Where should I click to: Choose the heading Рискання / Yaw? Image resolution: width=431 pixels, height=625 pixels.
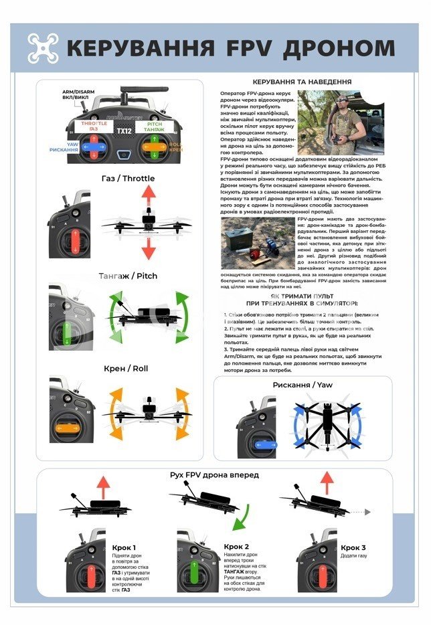click(302, 385)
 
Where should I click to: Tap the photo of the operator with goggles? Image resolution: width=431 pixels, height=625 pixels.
click(341, 123)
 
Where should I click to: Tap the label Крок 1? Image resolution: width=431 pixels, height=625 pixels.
click(124, 547)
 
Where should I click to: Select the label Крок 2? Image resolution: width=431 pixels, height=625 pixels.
click(237, 547)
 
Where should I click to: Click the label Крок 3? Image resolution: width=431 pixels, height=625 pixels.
click(353, 547)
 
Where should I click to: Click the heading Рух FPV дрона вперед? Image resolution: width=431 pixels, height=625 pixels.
click(215, 475)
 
